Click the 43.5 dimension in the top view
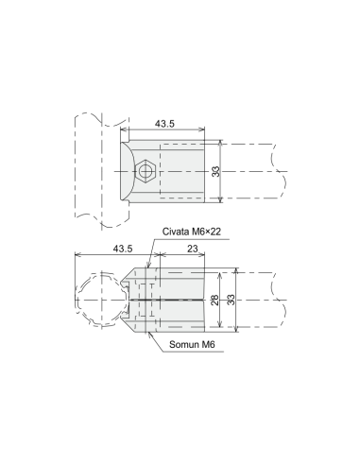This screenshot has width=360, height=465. click(164, 124)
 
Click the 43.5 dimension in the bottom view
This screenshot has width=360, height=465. click(123, 249)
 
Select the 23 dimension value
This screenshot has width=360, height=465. click(193, 249)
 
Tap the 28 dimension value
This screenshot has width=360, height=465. click(215, 300)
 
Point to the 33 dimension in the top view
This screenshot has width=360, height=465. click(215, 172)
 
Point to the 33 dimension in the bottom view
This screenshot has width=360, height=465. click(231, 300)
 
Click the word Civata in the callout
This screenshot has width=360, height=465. click(174, 232)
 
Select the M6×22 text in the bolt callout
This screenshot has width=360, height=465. click(204, 232)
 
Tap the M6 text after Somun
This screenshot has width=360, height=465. click(208, 344)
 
